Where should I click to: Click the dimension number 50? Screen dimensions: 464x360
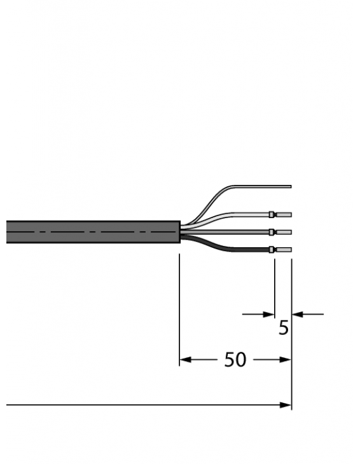click(235, 360)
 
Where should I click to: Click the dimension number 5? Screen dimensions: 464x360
click(284, 328)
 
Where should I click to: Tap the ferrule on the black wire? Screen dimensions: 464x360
click(272, 250)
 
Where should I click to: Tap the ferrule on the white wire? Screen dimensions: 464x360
click(272, 215)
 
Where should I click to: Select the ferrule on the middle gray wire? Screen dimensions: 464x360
click(272, 232)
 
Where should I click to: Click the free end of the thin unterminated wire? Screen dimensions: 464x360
click(289, 186)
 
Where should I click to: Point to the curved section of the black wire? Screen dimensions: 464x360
click(210, 243)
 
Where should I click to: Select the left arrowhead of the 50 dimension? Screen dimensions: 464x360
click(185, 360)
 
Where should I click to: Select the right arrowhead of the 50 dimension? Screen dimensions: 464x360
click(286, 360)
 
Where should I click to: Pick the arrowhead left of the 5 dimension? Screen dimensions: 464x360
click(268, 313)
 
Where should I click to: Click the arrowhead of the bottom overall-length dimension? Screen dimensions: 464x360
click(286, 405)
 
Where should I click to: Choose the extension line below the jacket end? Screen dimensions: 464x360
click(180, 305)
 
